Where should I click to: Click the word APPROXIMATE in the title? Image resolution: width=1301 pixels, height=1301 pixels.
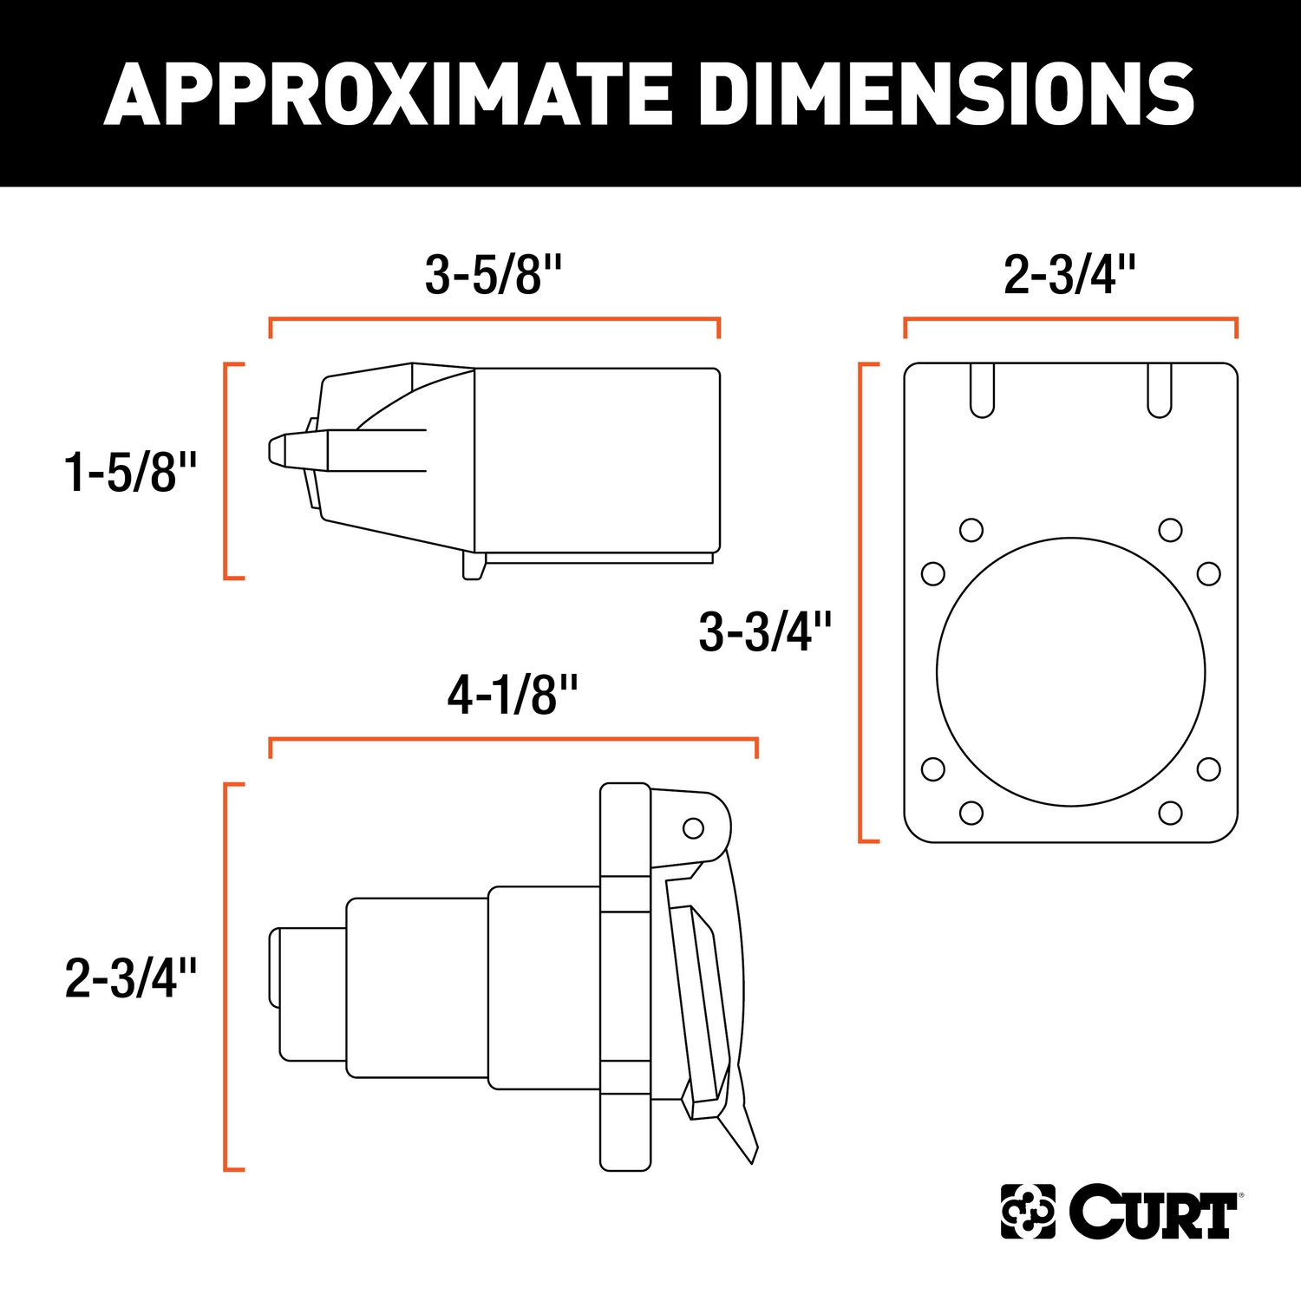tap(388, 95)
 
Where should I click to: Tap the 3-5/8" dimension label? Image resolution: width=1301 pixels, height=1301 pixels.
tap(494, 275)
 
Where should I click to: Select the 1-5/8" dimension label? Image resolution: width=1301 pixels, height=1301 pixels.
tap(131, 473)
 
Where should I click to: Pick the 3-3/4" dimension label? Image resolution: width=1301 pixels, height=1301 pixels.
tap(765, 631)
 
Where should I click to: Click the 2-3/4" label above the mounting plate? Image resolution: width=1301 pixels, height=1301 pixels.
tap(1069, 275)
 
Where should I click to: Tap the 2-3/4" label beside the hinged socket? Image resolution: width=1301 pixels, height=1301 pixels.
tap(131, 978)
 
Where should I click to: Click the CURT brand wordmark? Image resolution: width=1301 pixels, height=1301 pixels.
tap(1154, 1211)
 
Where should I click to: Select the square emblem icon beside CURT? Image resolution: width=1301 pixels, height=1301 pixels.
tap(1028, 1211)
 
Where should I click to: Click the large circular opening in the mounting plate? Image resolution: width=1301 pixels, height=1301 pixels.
tap(1070, 672)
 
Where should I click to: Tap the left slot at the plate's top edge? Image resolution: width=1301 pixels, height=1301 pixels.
tap(982, 390)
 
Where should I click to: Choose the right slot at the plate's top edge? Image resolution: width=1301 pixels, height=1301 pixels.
tap(1160, 390)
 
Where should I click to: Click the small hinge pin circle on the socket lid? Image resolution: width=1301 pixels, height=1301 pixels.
tap(693, 828)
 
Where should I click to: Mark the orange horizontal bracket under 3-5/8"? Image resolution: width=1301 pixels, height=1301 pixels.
tap(494, 320)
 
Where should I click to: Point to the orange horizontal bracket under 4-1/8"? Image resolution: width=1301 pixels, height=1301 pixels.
tap(513, 740)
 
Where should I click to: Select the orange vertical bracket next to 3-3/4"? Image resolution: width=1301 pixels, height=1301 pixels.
tap(861, 603)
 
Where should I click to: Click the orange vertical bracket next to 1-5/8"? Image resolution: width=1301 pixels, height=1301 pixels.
tap(227, 471)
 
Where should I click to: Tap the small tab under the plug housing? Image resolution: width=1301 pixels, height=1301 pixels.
tap(473, 566)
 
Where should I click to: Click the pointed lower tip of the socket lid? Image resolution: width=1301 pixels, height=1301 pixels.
tap(751, 1155)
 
